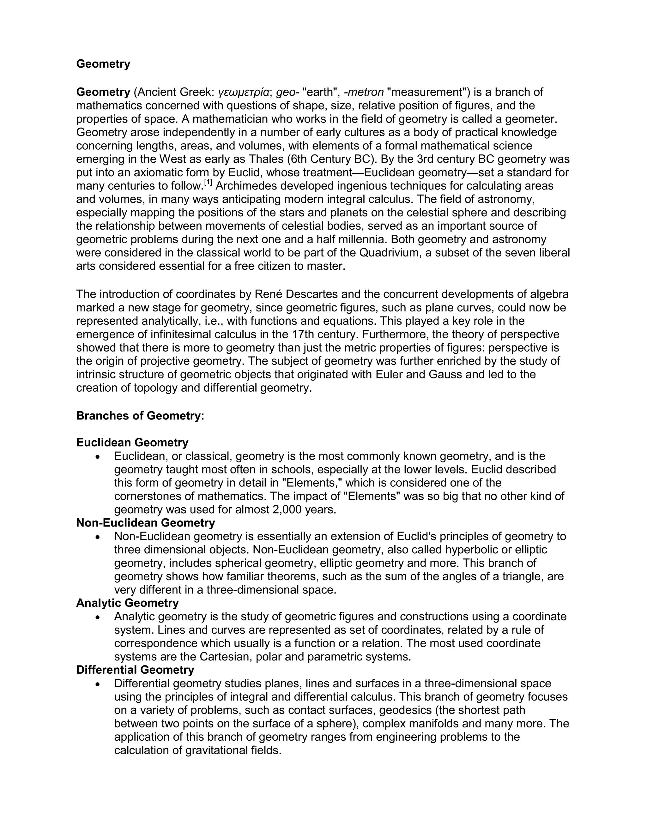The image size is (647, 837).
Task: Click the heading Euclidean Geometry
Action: click(132, 442)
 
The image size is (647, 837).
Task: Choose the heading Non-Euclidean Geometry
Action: click(146, 523)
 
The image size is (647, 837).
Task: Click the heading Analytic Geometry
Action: click(128, 603)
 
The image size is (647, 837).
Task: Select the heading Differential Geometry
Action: click(135, 670)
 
